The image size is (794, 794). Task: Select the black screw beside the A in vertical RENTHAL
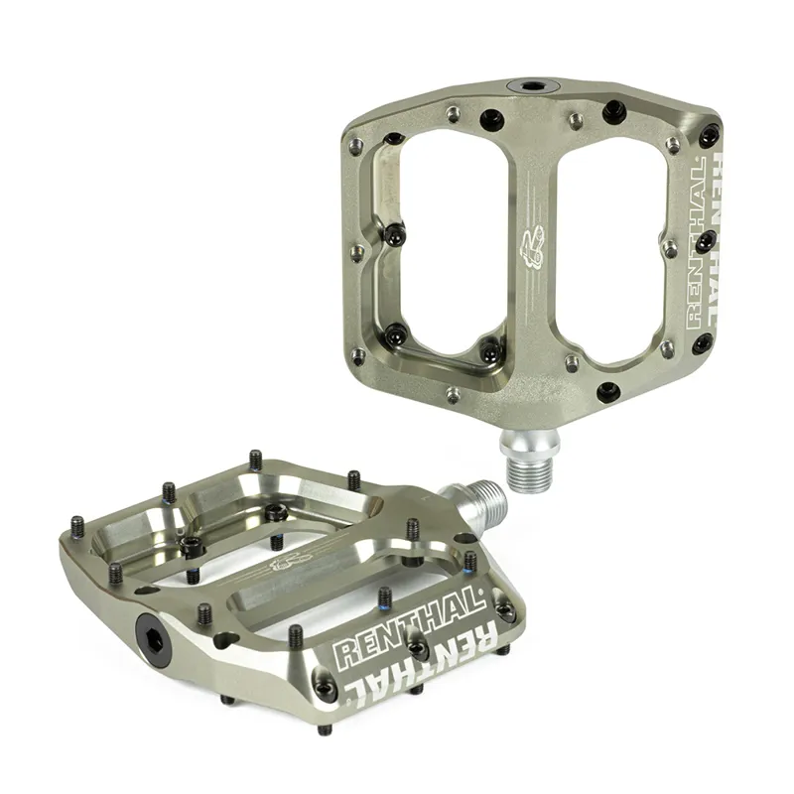pos(705,241)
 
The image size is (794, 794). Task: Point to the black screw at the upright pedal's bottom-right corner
pos(702,344)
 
